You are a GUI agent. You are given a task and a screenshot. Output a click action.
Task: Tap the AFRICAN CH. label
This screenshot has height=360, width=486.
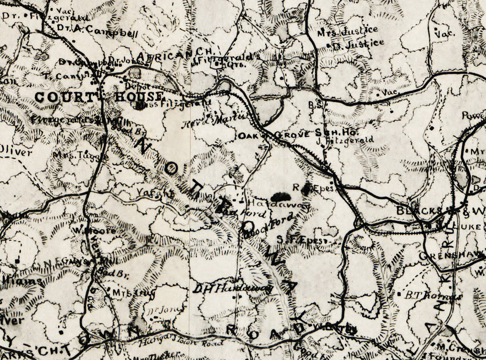(x=177, y=54)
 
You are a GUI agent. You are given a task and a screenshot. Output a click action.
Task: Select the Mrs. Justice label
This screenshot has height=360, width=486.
(x=347, y=30)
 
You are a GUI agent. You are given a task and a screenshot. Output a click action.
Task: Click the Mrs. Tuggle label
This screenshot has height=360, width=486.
(x=80, y=155)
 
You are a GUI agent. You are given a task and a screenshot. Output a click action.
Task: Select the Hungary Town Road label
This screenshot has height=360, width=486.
(x=180, y=342)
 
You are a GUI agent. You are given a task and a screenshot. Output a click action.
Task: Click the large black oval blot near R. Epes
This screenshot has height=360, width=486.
(x=281, y=197)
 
